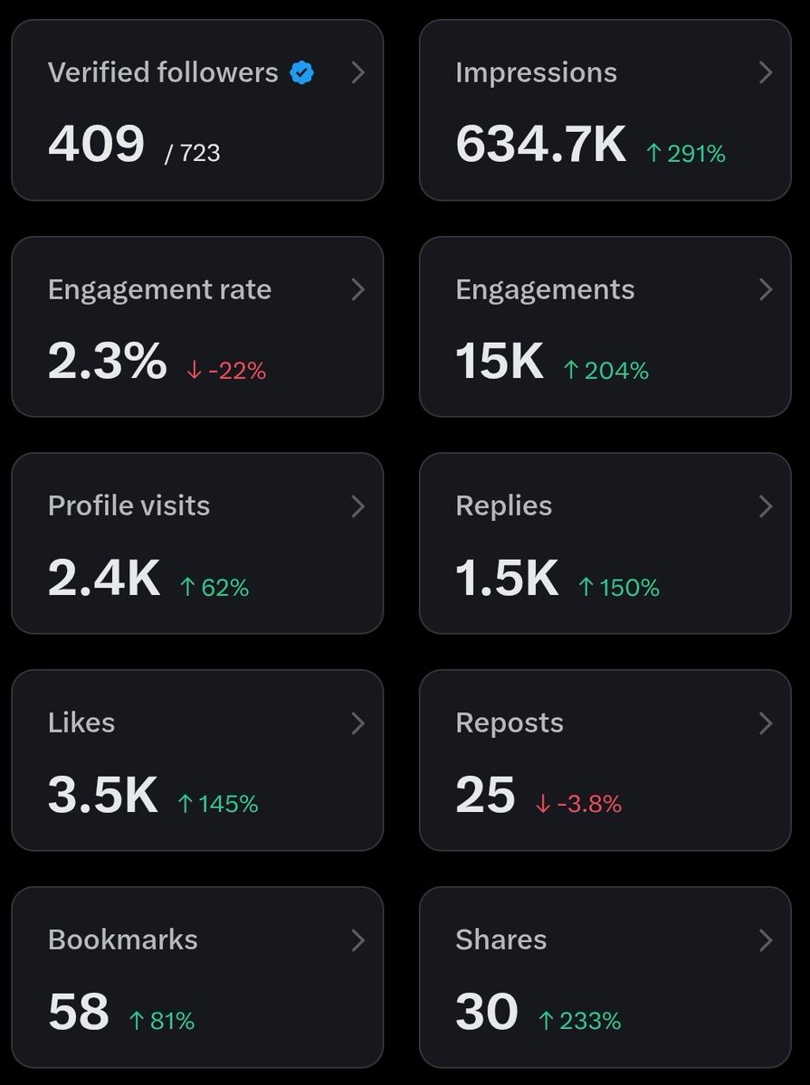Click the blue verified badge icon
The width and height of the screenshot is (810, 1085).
click(x=302, y=73)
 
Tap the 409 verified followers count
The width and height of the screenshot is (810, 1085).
click(x=96, y=145)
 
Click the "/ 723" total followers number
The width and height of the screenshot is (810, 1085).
click(x=193, y=153)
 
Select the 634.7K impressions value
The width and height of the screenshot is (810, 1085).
click(x=540, y=145)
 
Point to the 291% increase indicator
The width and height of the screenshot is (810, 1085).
click(x=686, y=155)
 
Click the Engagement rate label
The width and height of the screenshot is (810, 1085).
click(x=159, y=289)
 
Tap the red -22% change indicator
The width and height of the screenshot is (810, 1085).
click(x=226, y=371)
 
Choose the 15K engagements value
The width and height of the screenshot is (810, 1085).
click(x=500, y=362)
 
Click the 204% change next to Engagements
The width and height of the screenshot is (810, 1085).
click(x=605, y=371)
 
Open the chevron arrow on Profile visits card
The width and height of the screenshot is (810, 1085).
click(x=357, y=506)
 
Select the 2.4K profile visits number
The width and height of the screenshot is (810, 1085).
click(x=104, y=579)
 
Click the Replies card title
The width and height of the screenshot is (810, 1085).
click(x=503, y=506)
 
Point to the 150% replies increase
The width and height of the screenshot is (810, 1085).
click(x=619, y=588)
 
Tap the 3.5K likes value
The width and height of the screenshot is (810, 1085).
click(x=102, y=795)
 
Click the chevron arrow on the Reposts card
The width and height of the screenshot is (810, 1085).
click(x=766, y=723)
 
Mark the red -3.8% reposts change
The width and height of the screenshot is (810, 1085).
click(x=578, y=804)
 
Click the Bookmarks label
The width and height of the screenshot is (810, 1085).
click(x=122, y=939)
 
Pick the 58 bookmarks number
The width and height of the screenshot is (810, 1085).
click(x=79, y=1012)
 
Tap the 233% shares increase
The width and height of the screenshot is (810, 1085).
click(x=579, y=1021)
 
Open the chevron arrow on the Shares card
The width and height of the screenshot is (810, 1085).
click(x=766, y=940)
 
